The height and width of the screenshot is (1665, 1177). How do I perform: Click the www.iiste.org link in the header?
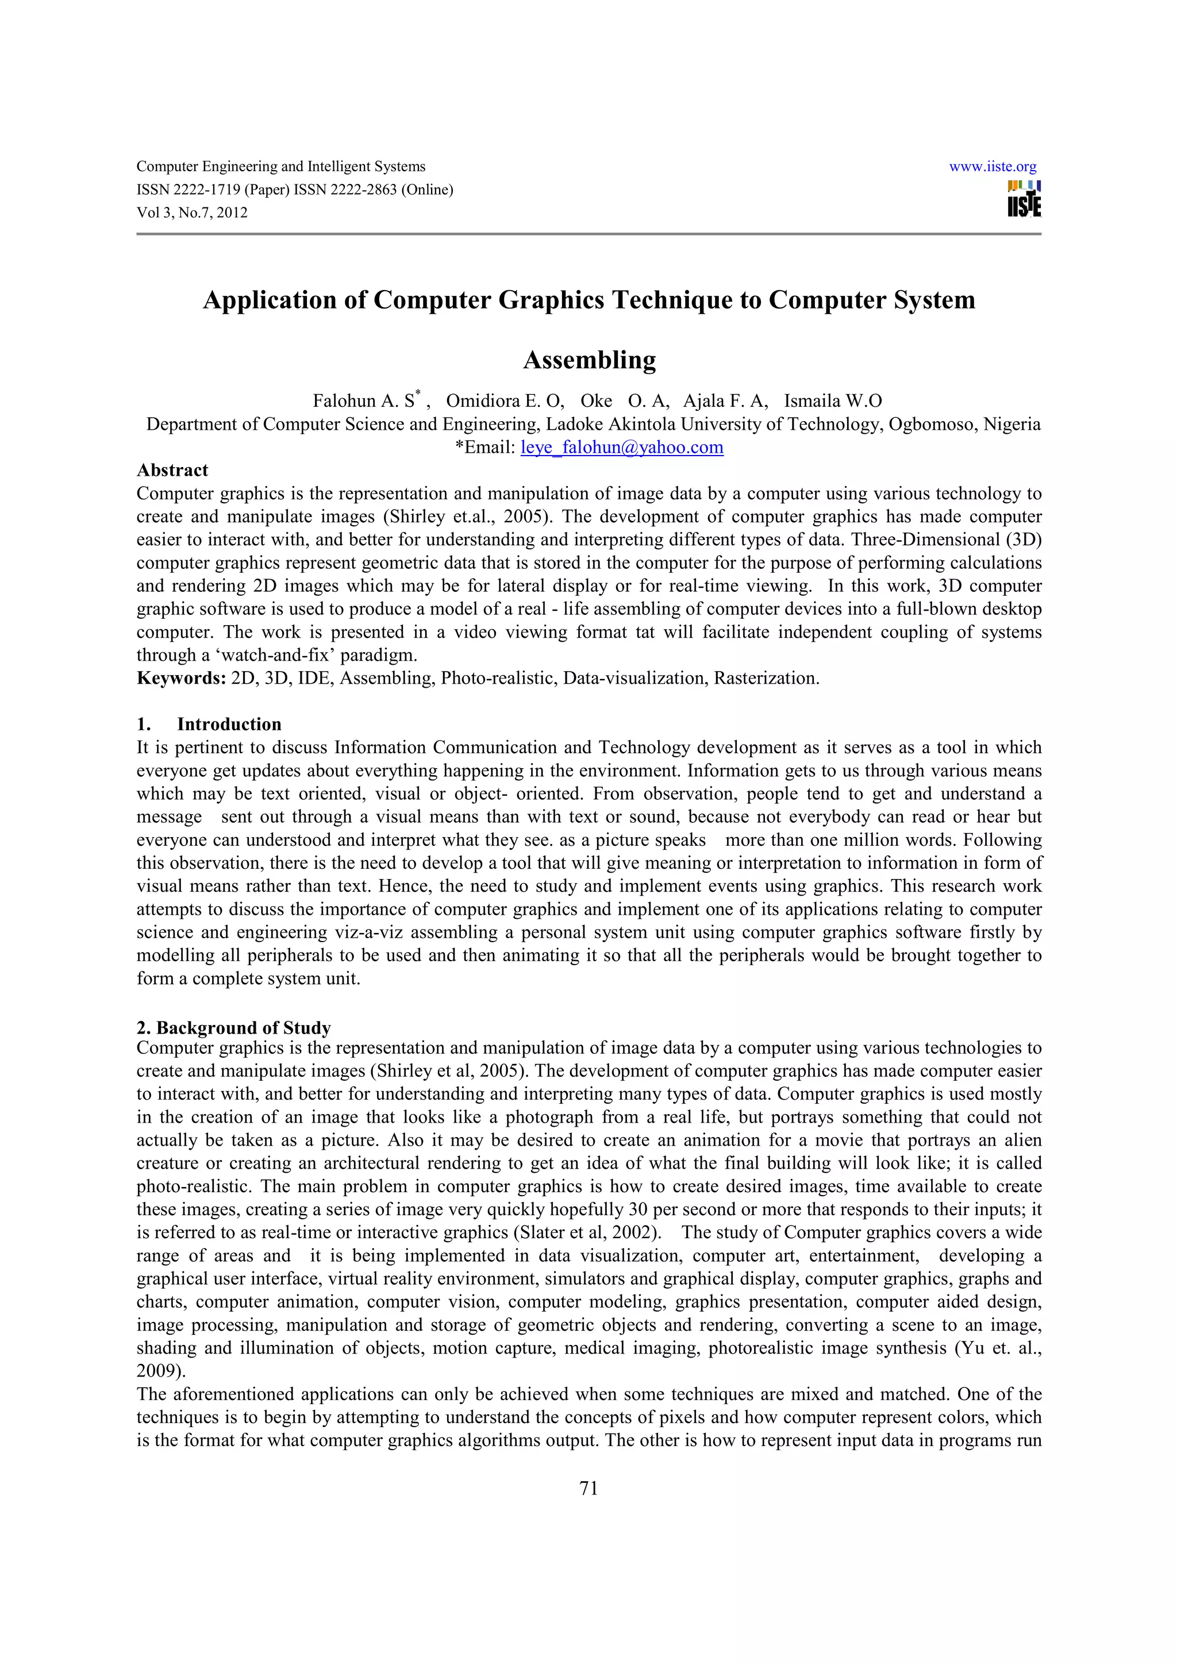(992, 167)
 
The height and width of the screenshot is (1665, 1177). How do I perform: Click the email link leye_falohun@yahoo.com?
(621, 448)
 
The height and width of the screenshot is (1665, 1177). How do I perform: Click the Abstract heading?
(172, 471)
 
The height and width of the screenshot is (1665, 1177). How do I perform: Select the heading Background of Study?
(243, 1028)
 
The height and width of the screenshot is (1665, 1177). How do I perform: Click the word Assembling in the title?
(589, 360)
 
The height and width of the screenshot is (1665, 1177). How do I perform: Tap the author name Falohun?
(343, 401)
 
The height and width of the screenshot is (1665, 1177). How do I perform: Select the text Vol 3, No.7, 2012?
(192, 213)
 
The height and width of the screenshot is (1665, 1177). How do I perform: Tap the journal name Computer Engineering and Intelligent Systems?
(280, 167)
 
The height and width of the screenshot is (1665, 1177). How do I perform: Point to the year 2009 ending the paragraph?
(157, 1371)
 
